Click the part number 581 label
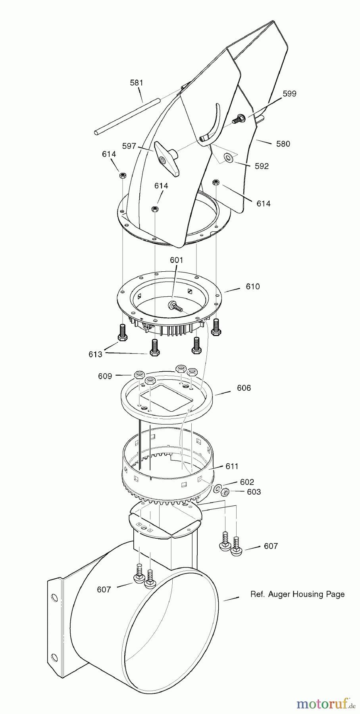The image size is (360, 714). click(x=137, y=83)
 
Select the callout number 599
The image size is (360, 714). click(x=289, y=94)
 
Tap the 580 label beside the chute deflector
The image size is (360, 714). click(x=283, y=144)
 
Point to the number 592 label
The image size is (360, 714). click(x=262, y=166)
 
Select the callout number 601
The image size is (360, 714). click(x=176, y=260)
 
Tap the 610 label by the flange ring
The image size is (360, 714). click(x=252, y=286)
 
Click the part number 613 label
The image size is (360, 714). click(x=95, y=354)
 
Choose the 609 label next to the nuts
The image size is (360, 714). click(x=105, y=376)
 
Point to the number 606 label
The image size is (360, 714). click(x=244, y=388)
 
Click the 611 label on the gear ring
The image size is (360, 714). click(x=232, y=466)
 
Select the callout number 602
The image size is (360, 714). click(x=247, y=482)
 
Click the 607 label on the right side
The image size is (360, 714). click(x=271, y=546)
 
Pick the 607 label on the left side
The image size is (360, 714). click(x=104, y=590)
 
